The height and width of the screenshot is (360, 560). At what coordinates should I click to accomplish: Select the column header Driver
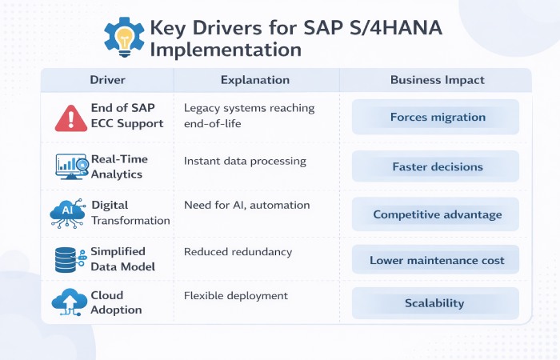click(x=106, y=81)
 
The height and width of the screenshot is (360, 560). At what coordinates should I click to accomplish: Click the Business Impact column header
click(x=437, y=81)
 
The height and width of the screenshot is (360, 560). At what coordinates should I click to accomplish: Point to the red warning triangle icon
click(x=71, y=117)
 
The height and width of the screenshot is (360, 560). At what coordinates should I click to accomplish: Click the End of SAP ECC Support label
click(x=127, y=116)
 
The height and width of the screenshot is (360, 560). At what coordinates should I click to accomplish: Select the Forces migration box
click(x=437, y=118)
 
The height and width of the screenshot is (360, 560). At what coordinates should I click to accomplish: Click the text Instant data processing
click(x=245, y=161)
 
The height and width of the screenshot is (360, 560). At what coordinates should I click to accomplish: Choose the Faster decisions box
click(x=437, y=167)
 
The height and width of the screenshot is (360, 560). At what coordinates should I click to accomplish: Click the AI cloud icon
click(x=66, y=213)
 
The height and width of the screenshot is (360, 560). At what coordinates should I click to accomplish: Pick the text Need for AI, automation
click(x=246, y=206)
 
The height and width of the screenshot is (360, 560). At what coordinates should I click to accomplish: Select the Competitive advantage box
click(x=437, y=214)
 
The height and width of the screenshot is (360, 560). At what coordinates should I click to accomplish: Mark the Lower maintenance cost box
click(x=437, y=261)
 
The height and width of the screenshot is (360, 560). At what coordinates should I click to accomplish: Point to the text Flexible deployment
click(x=235, y=296)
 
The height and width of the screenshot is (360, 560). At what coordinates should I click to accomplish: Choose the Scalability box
click(x=437, y=304)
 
